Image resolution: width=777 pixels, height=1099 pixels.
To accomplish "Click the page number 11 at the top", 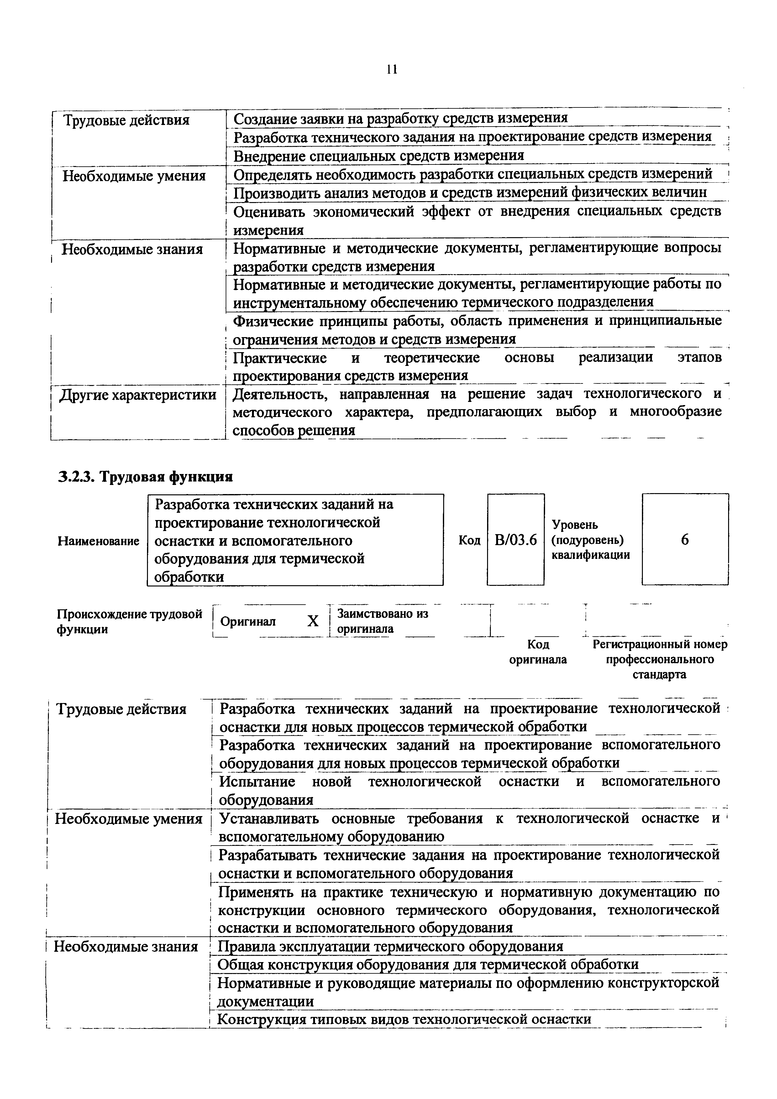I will tap(391, 70).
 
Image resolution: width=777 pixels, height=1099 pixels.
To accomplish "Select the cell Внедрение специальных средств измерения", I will tap(378, 156).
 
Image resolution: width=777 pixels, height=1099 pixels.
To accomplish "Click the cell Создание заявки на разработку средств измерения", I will tap(400, 118).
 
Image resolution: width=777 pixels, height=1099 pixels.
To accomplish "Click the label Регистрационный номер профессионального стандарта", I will tap(660, 659).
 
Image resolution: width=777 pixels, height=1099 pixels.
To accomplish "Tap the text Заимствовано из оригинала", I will tap(382, 621).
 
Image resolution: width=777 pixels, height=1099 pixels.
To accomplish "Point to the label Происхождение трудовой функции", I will tap(129, 621).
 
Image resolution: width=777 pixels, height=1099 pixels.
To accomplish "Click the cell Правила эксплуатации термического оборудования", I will tap(390, 946).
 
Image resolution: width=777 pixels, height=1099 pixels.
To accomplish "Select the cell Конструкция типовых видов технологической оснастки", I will tap(404, 1019).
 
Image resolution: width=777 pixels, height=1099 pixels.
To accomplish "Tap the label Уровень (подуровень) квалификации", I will tap(590, 540).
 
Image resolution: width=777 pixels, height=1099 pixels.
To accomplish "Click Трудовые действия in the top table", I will tap(126, 120).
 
